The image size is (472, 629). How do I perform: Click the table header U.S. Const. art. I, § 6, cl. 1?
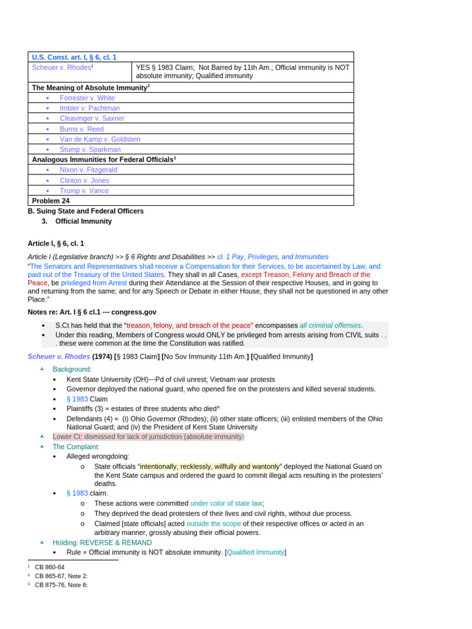pyautogui.click(x=74, y=57)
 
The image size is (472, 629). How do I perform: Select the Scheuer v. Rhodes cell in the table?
pyautogui.click(x=61, y=68)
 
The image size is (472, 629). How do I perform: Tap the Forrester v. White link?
pyautogui.click(x=87, y=98)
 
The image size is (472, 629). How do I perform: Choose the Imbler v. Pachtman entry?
pyautogui.click(x=89, y=108)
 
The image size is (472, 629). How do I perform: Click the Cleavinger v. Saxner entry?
pyautogui.click(x=92, y=118)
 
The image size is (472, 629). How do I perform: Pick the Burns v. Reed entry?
pyautogui.click(x=81, y=129)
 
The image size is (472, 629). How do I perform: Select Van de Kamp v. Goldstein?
pyautogui.click(x=100, y=139)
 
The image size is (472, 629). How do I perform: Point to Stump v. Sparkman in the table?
pyautogui.click(x=90, y=149)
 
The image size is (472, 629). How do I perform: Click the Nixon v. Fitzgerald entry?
pyautogui.click(x=88, y=170)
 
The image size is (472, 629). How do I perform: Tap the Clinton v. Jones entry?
pyautogui.click(x=84, y=181)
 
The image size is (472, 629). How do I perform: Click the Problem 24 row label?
pyautogui.click(x=50, y=201)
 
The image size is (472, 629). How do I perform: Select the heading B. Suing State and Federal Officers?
pyautogui.click(x=85, y=211)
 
